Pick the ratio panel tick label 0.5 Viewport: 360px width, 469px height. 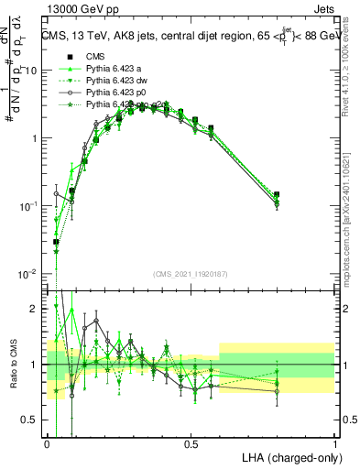[x=33, y=420]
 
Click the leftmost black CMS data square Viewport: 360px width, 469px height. [x=56, y=242]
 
